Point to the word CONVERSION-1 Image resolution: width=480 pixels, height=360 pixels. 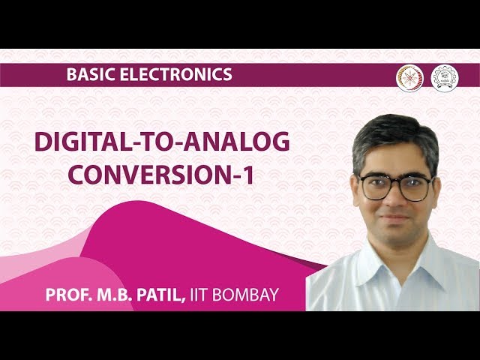159,174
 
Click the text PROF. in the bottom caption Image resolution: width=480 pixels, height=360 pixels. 69,295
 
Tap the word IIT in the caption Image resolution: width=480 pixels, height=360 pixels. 199,295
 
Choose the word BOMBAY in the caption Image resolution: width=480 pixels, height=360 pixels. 245,295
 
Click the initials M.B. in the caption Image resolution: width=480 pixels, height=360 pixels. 112,295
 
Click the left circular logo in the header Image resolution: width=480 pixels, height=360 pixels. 409,77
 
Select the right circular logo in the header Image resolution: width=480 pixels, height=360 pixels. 444,77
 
